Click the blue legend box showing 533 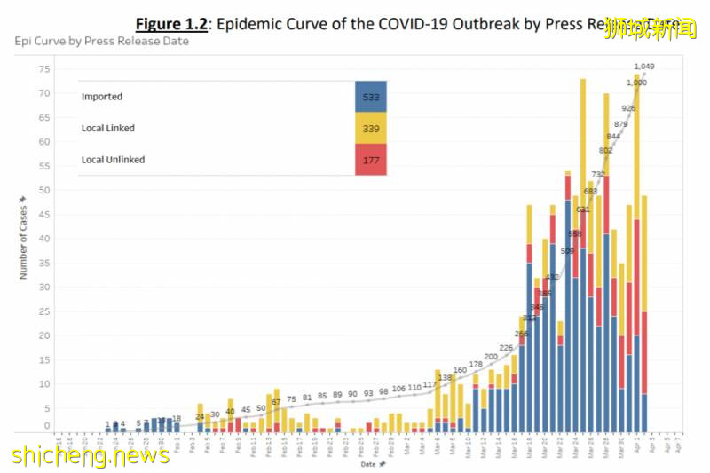pyautogui.click(x=370, y=97)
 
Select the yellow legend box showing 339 pyautogui.click(x=370, y=128)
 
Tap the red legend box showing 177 pyautogui.click(x=370, y=160)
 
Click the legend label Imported pyautogui.click(x=101, y=97)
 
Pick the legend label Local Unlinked pyautogui.click(x=113, y=160)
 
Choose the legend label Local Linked pyautogui.click(x=107, y=128)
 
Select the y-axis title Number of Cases pyautogui.click(x=24, y=241)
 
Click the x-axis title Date pyautogui.click(x=367, y=463)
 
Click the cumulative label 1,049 pyautogui.click(x=644, y=67)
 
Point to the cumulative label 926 pyautogui.click(x=629, y=108)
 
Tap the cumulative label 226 pyautogui.click(x=507, y=348)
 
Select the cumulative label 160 pyautogui.click(x=460, y=370)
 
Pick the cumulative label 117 pyautogui.click(x=430, y=384)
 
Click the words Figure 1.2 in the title pyautogui.click(x=171, y=24)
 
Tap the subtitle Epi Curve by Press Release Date pyautogui.click(x=101, y=42)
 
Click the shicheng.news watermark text pyautogui.click(x=91, y=455)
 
